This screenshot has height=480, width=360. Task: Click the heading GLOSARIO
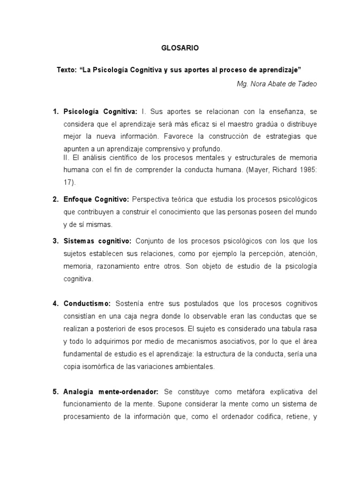coord(180,48)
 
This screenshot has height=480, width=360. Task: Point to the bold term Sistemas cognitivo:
coord(97,241)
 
